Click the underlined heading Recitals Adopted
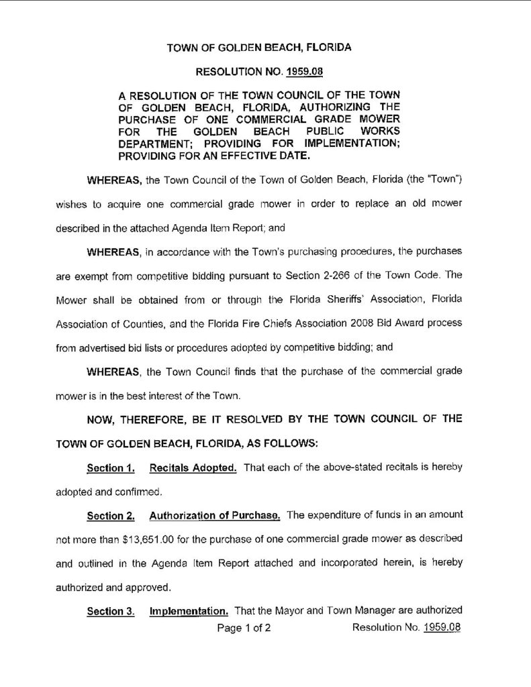[193, 468]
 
